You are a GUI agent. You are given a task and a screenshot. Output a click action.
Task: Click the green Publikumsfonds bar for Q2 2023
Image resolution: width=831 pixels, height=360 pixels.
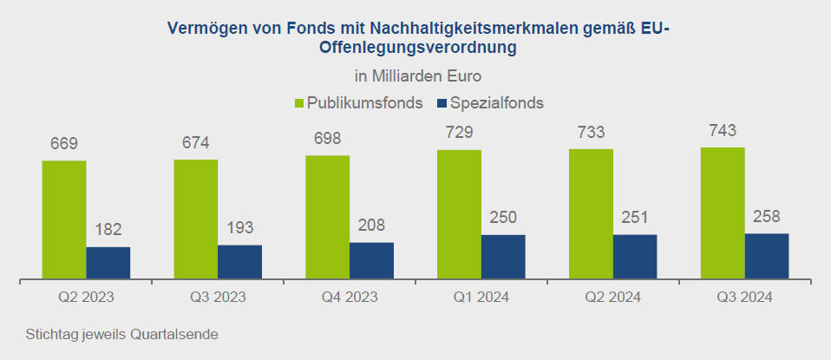coord(64,219)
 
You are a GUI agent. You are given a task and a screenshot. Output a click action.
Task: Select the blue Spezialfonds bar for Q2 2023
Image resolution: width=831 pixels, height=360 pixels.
coord(108,263)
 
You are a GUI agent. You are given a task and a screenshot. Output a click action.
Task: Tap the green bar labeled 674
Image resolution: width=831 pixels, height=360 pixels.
coord(196,219)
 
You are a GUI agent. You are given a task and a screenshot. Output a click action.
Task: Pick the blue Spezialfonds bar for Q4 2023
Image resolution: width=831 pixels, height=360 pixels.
coord(371,260)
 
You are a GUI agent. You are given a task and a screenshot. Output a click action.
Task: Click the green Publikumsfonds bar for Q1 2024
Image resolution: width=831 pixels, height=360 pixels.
coord(459,214)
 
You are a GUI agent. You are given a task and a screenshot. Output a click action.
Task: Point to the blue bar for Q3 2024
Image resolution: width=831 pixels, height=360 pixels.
coord(766,256)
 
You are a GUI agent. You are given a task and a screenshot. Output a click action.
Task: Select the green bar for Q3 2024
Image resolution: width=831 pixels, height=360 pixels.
coord(723,213)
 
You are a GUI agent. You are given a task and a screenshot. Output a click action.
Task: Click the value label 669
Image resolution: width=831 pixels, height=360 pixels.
coord(64,143)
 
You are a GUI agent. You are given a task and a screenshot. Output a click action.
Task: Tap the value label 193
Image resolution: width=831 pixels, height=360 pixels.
coord(239,228)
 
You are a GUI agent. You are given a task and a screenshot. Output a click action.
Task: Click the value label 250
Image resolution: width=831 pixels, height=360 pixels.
coord(503,218)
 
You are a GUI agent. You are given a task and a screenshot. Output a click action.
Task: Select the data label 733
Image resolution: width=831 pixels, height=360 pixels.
coord(591,132)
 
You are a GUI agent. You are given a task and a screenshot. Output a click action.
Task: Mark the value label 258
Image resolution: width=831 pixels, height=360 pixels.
coord(766,216)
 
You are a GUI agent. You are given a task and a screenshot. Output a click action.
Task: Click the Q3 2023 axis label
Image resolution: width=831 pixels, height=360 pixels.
coord(218,297)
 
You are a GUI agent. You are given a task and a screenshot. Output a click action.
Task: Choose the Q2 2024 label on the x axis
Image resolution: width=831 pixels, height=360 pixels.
coord(612,297)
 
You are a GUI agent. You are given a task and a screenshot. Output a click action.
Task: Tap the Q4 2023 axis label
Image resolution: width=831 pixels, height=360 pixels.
coord(350,297)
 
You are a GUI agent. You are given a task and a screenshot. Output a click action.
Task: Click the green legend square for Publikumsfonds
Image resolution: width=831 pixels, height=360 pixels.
coord(300,103)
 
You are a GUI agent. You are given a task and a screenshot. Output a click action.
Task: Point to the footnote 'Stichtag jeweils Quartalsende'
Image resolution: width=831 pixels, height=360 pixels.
coord(121,334)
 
